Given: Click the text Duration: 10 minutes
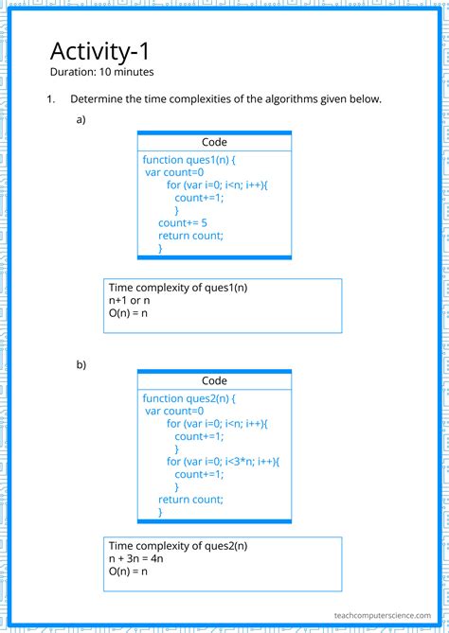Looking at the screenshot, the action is click(101, 72).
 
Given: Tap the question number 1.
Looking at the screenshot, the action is click(51, 99).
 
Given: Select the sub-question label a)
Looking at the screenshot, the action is click(81, 121).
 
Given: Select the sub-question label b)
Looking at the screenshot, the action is click(81, 363).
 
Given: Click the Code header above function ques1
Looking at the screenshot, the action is click(214, 142).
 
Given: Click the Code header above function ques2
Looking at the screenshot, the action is click(214, 381).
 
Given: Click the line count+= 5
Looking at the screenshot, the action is click(183, 222).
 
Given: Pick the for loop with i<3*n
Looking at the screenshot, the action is click(224, 461).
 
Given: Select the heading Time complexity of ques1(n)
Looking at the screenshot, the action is click(184, 287).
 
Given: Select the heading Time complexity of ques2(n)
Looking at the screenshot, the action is click(184, 546).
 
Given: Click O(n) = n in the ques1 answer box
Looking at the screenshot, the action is click(129, 313).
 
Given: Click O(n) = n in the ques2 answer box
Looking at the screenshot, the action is click(129, 572).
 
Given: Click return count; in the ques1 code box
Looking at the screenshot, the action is click(190, 236).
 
